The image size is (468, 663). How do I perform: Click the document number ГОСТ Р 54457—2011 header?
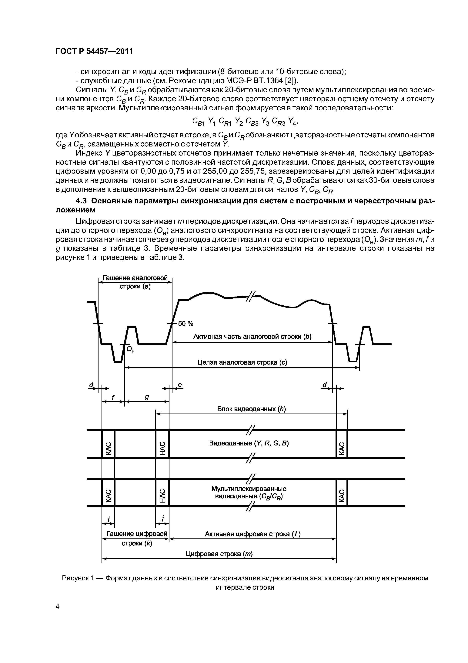click(94, 51)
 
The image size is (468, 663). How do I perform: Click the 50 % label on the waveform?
click(186, 324)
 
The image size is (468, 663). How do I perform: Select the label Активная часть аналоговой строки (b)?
click(252, 337)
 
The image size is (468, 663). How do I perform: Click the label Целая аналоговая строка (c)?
click(242, 362)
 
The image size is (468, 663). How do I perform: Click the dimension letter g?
click(147, 397)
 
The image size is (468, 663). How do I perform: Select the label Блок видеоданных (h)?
click(251, 409)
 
